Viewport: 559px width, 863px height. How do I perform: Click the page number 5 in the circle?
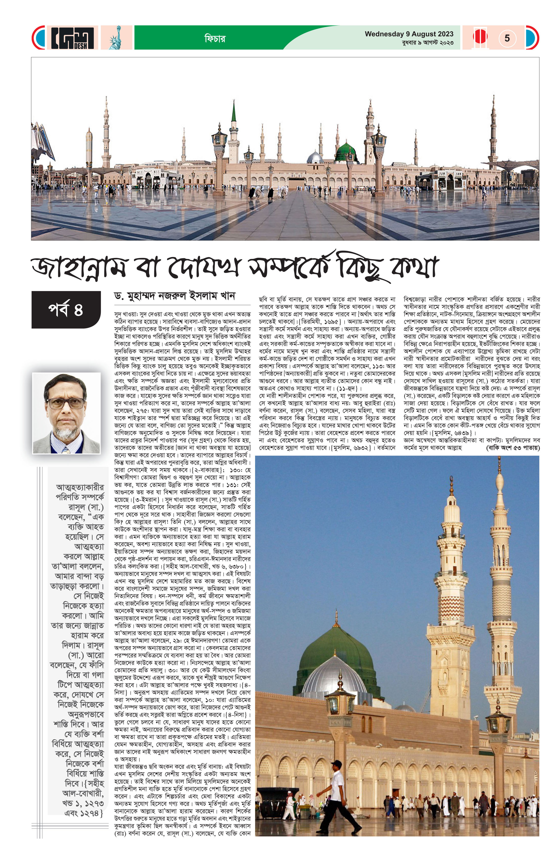pyautogui.click(x=507, y=38)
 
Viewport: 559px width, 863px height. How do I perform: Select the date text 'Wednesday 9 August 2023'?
pyautogui.click(x=409, y=34)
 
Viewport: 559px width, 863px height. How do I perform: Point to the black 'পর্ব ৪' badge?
pyautogui.click(x=66, y=310)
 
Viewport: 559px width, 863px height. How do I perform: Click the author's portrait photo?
pyautogui.click(x=66, y=413)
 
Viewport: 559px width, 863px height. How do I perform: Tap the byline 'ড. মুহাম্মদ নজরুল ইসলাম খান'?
pyautogui.click(x=174, y=296)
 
